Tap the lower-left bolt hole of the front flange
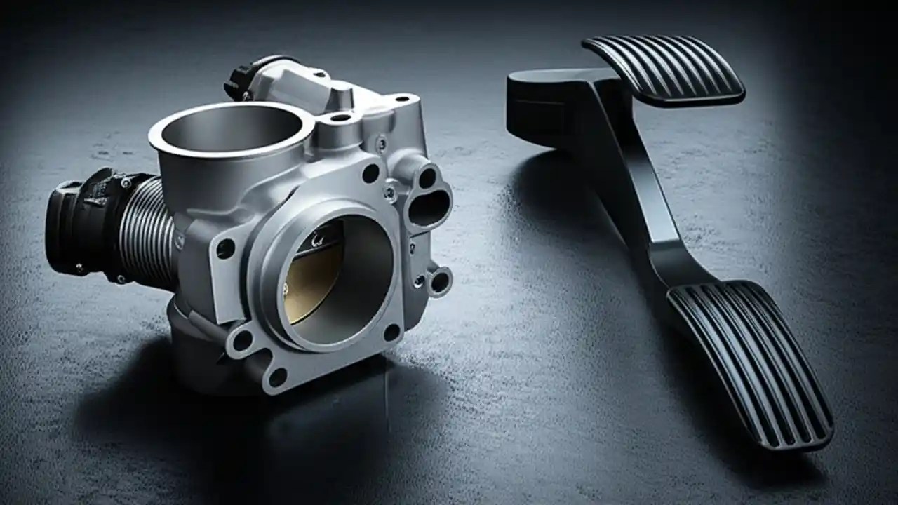click(x=242, y=341)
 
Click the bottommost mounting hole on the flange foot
click(x=278, y=377)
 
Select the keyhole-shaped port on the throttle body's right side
click(x=429, y=199)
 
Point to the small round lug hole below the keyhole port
click(x=440, y=281)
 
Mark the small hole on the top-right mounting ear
click(x=403, y=99)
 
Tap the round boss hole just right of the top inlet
click(x=341, y=117)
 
